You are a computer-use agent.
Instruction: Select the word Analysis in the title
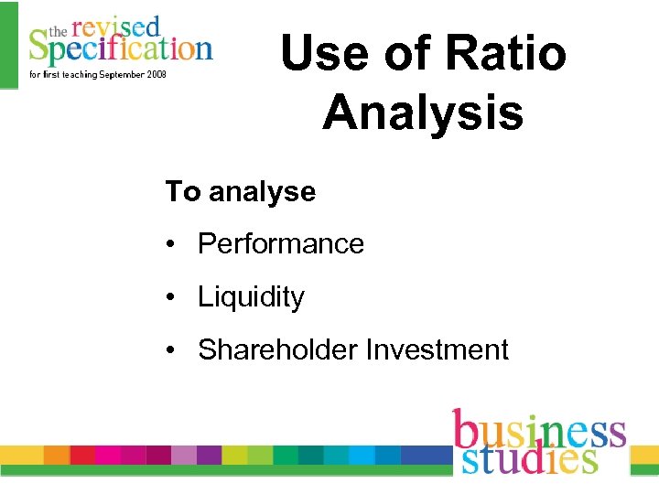[423, 113]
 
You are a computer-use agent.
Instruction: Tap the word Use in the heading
[317, 53]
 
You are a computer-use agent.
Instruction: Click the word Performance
[280, 244]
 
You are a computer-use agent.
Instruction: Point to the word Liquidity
[251, 297]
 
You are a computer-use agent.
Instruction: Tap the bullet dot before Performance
[171, 245]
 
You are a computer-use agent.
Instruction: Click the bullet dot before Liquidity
[171, 298]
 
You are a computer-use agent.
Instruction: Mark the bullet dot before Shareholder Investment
[171, 350]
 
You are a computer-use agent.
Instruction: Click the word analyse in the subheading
[262, 192]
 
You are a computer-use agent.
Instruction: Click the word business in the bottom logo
[537, 430]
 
